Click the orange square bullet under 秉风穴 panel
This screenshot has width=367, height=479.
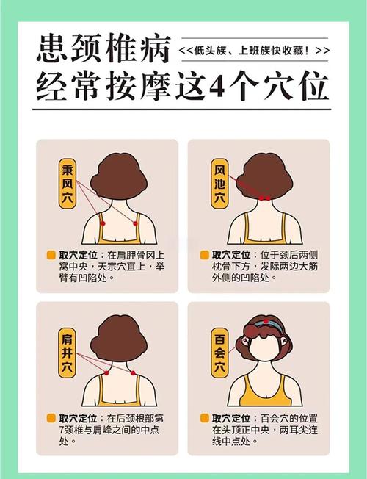click(x=51, y=254)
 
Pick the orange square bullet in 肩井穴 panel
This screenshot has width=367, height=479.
click(x=51, y=418)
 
